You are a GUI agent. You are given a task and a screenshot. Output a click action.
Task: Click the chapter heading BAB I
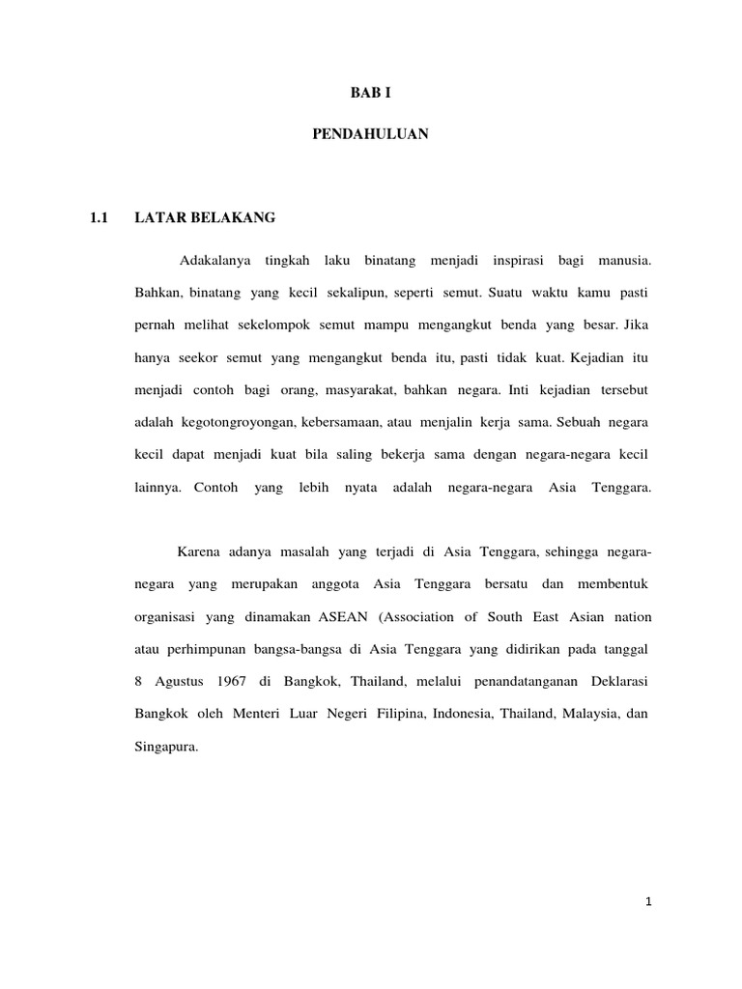pyautogui.click(x=370, y=94)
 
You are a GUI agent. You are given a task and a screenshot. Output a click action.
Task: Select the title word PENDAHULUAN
pyautogui.click(x=370, y=136)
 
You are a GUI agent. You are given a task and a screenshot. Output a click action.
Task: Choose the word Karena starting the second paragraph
pyautogui.click(x=197, y=552)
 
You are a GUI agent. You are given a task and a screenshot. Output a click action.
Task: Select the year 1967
pyautogui.click(x=227, y=681)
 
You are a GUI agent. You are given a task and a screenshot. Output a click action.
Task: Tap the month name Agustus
pyautogui.click(x=178, y=681)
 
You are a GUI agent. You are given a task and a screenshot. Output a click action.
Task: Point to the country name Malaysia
pyautogui.click(x=579, y=714)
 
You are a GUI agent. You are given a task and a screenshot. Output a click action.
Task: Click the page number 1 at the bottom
pyautogui.click(x=649, y=902)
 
